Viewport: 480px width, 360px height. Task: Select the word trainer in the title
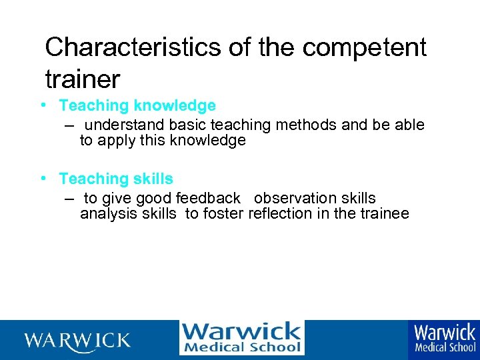(82, 79)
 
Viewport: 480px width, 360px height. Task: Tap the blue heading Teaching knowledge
(137, 105)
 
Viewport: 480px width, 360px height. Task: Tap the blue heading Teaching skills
(116, 179)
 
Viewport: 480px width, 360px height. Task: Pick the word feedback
(208, 199)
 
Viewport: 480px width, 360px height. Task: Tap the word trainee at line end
(384, 214)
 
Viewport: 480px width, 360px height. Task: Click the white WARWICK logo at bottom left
(78, 341)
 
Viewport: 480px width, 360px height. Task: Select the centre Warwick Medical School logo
(241, 338)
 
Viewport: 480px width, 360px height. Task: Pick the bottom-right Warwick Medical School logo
(444, 338)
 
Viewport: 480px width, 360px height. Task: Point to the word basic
(187, 125)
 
